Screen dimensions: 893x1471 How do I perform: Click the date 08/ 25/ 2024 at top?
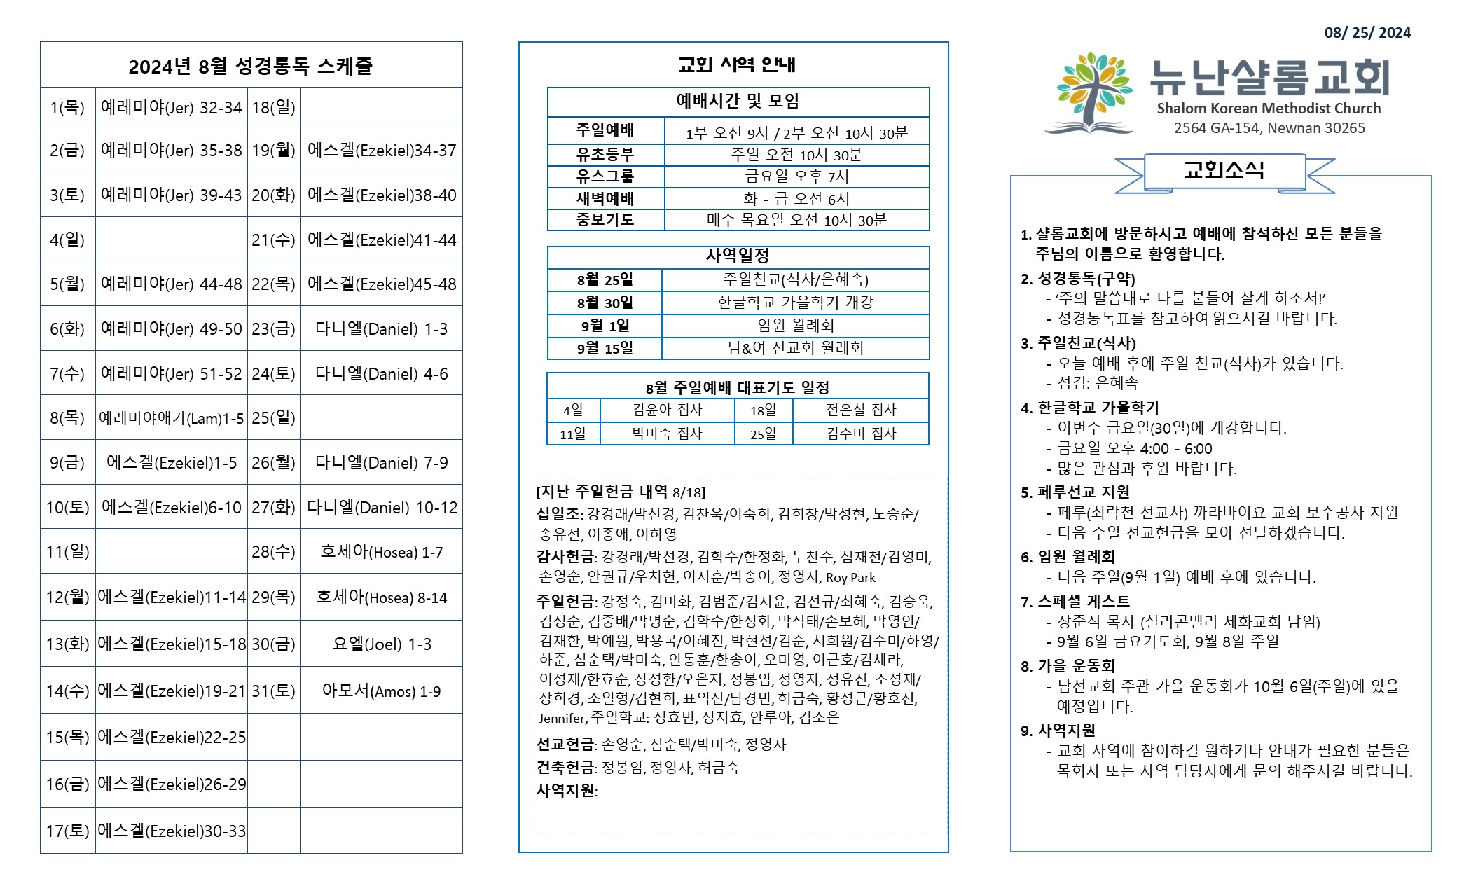[x=1367, y=33]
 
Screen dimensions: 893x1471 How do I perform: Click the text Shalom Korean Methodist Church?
[x=1269, y=109]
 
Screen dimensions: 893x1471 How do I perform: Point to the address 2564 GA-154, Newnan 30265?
[x=1269, y=128]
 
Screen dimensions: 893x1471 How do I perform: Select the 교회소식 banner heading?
[x=1224, y=170]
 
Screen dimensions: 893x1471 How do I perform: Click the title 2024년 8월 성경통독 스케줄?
[x=250, y=67]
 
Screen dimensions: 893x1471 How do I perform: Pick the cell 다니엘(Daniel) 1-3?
[x=381, y=329]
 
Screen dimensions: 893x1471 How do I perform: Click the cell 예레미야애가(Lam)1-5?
[x=171, y=418]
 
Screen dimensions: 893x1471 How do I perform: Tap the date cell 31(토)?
[x=273, y=691]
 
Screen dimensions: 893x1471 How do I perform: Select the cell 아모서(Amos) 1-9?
[x=381, y=691]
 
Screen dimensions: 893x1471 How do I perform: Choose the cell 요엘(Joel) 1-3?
[x=381, y=644]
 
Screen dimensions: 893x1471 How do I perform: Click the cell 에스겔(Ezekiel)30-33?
[x=172, y=831]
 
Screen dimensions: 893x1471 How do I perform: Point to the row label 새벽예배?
[x=605, y=199]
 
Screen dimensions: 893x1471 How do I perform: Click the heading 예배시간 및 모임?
[x=738, y=102]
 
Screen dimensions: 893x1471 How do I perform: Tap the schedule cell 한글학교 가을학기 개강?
[x=795, y=303]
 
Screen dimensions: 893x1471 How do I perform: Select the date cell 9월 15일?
[x=605, y=348]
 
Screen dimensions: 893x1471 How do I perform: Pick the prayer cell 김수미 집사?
[x=861, y=434]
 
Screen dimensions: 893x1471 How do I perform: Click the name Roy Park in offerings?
[x=850, y=578]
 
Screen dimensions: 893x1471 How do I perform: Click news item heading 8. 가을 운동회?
[x=1068, y=666]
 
